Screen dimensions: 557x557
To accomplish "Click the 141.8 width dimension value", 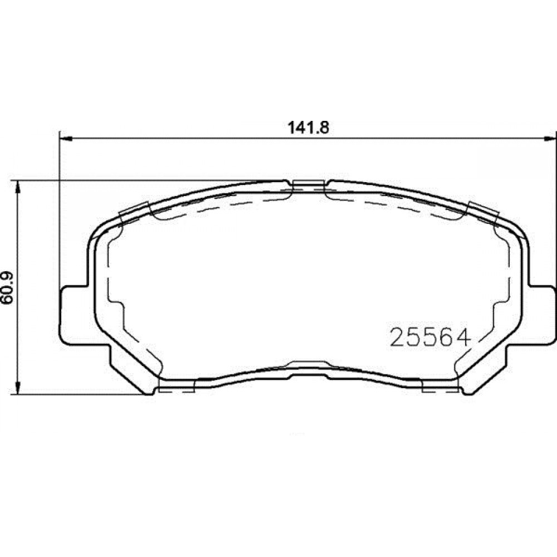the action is (x=309, y=128).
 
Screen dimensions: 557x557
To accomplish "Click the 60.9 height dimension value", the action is (x=7, y=287).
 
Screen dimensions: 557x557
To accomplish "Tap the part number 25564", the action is (x=430, y=337).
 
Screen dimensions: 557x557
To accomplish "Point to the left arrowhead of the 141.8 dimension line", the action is (x=66, y=138).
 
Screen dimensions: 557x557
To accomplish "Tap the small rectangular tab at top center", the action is (x=309, y=184).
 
